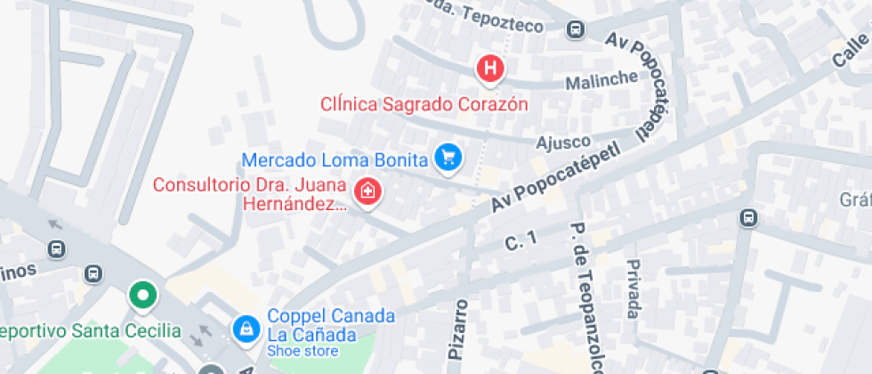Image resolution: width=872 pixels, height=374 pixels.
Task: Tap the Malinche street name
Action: [603, 79]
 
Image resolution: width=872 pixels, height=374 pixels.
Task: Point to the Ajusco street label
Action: [562, 142]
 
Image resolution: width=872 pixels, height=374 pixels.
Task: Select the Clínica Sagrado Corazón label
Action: [424, 104]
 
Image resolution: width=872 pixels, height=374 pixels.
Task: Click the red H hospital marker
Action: [489, 68]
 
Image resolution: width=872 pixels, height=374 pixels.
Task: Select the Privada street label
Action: [633, 289]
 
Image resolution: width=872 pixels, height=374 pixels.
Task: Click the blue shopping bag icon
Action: [245, 329]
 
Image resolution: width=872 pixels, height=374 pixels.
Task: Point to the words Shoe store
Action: [303, 352]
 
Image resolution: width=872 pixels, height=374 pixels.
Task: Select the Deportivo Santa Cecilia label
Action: [90, 332]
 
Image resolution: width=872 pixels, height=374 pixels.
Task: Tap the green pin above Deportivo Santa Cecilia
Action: [141, 294]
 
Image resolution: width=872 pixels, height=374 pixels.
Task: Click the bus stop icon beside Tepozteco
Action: [576, 30]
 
